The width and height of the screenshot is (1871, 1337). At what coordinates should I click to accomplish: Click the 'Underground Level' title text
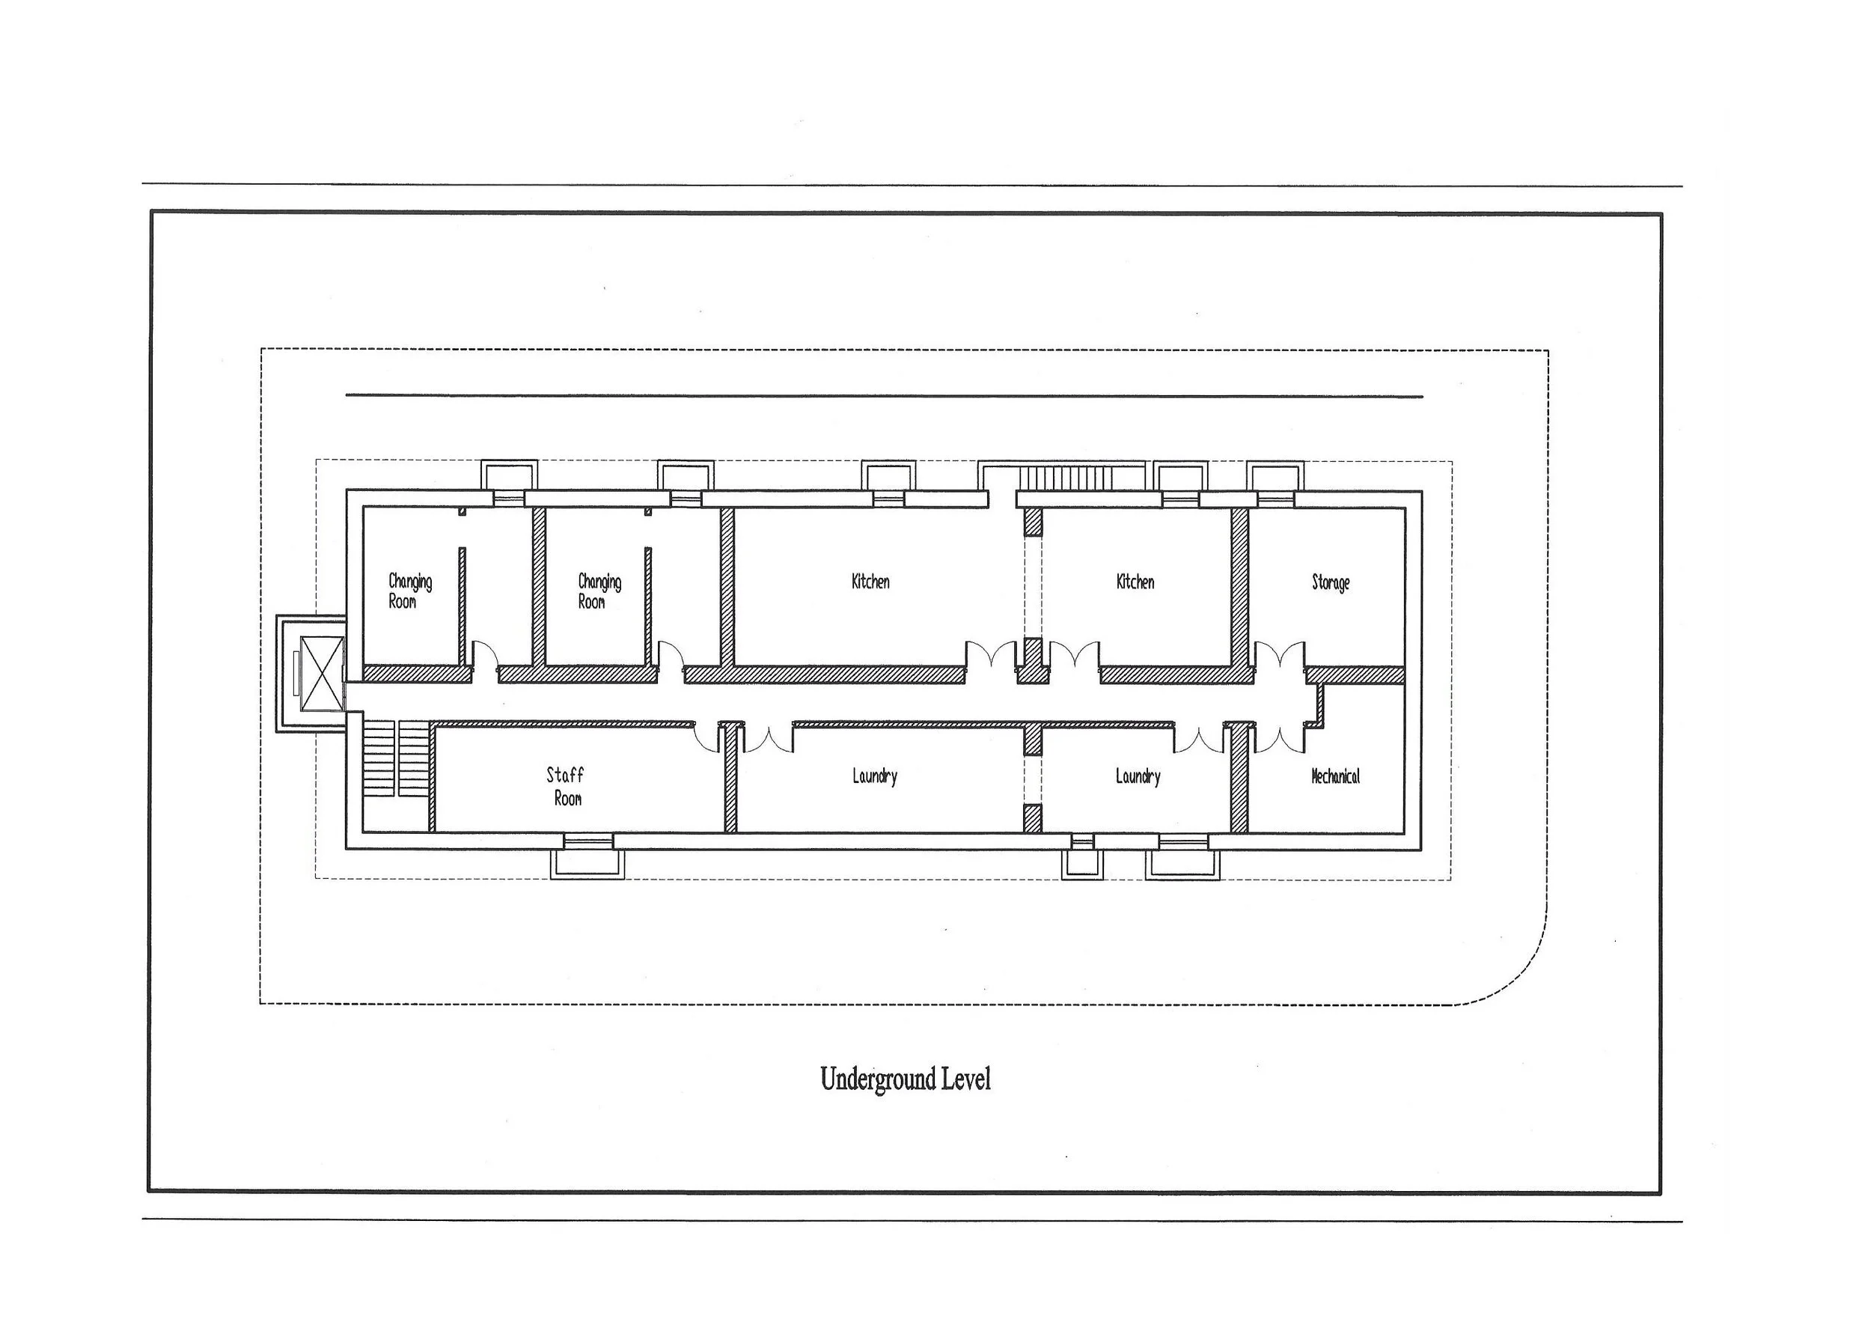tap(905, 1079)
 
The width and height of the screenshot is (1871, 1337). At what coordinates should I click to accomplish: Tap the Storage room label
tap(1330, 583)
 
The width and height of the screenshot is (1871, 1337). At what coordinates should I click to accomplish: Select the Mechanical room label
tap(1334, 776)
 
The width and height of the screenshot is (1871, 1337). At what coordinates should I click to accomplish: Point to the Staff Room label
tap(566, 786)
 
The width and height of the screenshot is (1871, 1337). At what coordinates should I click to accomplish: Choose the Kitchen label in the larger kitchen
tap(870, 581)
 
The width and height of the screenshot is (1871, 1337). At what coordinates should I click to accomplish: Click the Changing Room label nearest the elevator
tap(409, 591)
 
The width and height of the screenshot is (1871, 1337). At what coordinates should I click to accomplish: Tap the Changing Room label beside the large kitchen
tap(599, 591)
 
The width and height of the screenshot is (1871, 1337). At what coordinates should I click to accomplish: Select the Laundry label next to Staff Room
tap(874, 776)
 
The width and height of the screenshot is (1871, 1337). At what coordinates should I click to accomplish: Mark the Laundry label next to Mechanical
tap(1138, 776)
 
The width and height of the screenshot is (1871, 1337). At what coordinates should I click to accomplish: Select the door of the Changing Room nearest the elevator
tap(485, 660)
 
